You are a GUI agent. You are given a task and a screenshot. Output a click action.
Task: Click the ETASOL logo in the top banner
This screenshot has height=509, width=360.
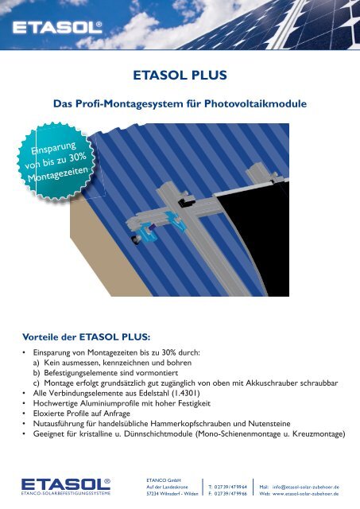[x=57, y=29]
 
